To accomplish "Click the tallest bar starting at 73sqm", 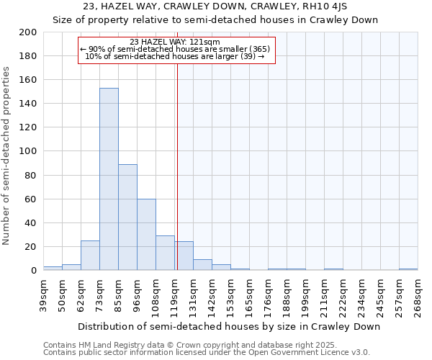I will click(x=109, y=179).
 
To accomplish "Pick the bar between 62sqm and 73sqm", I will click(x=90, y=256).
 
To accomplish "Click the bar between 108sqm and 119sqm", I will click(x=165, y=253).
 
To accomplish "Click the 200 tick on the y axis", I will click(x=29, y=32).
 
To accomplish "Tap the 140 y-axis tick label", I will click(x=29, y=104).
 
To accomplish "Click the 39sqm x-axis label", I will click(x=44, y=295).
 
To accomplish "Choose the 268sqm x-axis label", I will click(x=418, y=295).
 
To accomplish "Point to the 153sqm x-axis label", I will click(x=230, y=295).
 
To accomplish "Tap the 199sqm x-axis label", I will click(x=305, y=295).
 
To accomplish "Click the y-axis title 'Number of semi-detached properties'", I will click(x=7, y=156).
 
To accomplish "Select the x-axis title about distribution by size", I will click(x=228, y=326).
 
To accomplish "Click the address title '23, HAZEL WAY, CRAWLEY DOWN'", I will click(x=215, y=6).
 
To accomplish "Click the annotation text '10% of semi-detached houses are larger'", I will click(x=175, y=56).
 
